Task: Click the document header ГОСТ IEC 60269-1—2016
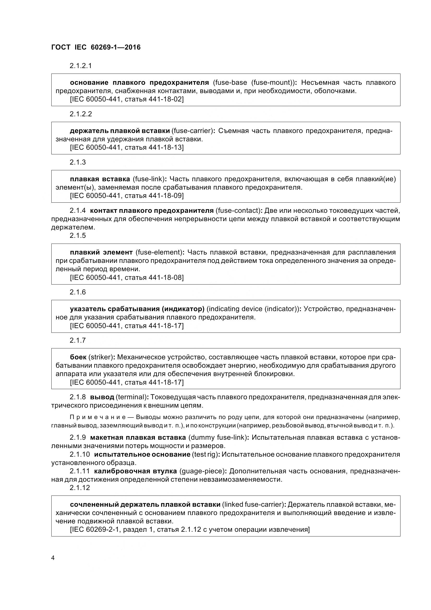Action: (96, 47)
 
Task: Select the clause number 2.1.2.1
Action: (81, 66)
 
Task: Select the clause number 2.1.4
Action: (78, 210)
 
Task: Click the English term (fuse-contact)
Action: (238, 210)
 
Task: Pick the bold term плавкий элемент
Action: (101, 252)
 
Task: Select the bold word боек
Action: (78, 357)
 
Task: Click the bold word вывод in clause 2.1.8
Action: (102, 397)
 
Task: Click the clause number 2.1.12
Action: (80, 487)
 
